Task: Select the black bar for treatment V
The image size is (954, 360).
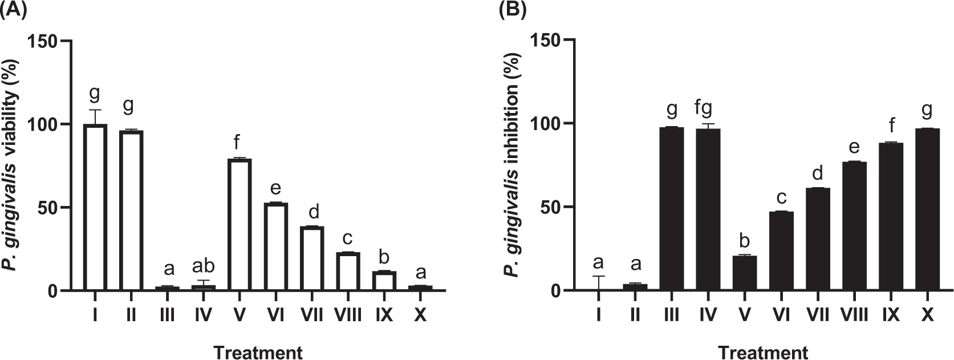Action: click(x=744, y=273)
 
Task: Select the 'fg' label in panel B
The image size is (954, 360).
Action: click(x=708, y=109)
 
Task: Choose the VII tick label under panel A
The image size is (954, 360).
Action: click(x=312, y=314)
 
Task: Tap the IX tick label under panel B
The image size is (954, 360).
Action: click(x=889, y=314)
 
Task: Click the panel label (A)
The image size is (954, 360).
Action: click(x=13, y=10)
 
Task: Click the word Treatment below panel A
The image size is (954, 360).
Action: click(x=258, y=352)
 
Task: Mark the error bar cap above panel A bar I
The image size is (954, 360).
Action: click(x=95, y=110)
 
